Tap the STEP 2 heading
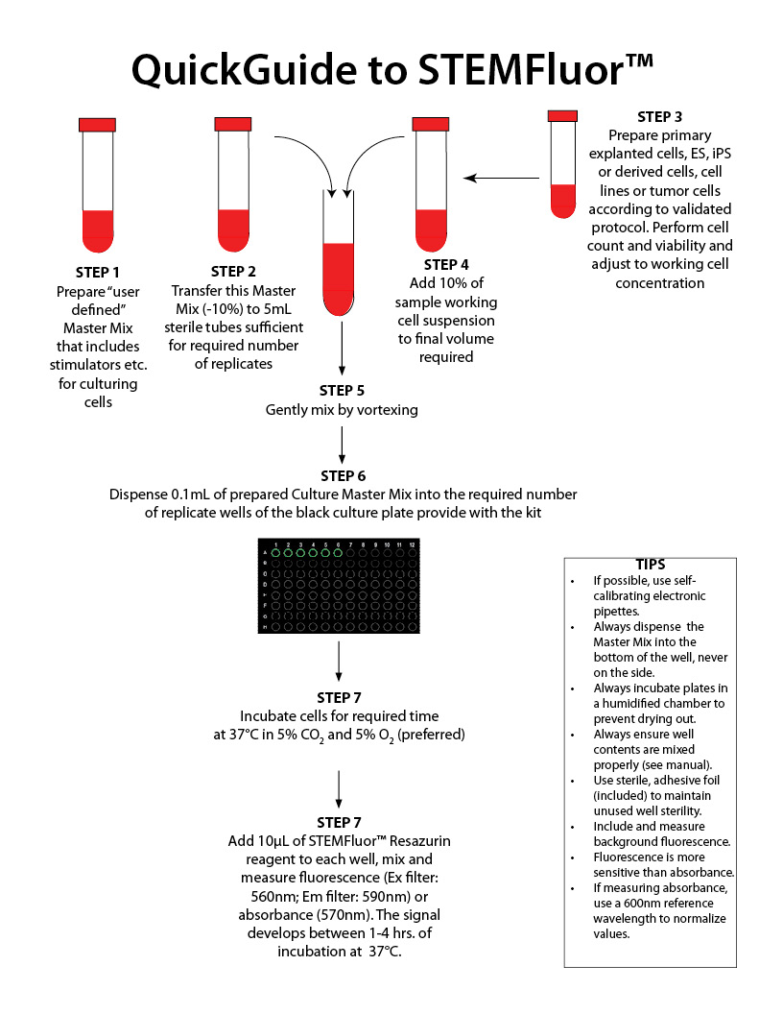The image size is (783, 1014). click(233, 273)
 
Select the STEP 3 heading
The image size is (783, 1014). click(659, 117)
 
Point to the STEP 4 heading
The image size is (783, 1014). click(446, 265)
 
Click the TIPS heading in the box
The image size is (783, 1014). click(650, 564)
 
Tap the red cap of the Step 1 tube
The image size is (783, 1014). click(97, 124)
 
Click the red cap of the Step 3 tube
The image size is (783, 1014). click(562, 115)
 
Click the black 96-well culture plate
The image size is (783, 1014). click(342, 586)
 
